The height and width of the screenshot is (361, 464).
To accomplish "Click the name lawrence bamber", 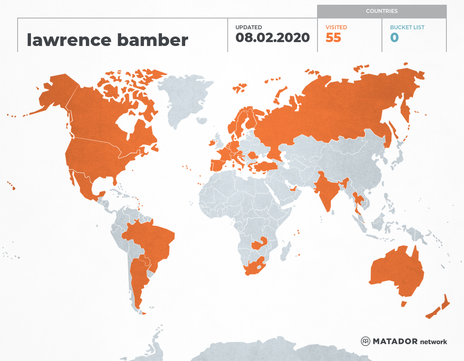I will coord(107,40).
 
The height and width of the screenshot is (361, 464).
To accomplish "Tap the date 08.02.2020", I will coord(272,37).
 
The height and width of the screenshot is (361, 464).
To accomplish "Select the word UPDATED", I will coord(248,28).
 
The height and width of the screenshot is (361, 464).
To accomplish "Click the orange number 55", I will coord(333,38).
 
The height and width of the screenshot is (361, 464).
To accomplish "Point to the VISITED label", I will coord(336,28).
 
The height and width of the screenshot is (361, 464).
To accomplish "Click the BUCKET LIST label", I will coord(407,28).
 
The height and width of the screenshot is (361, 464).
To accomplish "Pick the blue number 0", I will coord(394,38).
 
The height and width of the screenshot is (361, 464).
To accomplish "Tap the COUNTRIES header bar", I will coord(382,11).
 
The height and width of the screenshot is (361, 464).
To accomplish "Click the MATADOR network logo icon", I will coord(365,342).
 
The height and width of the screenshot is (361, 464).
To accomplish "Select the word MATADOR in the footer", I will coord(395,342).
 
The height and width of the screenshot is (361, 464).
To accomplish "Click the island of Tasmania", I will coord(404,304).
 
